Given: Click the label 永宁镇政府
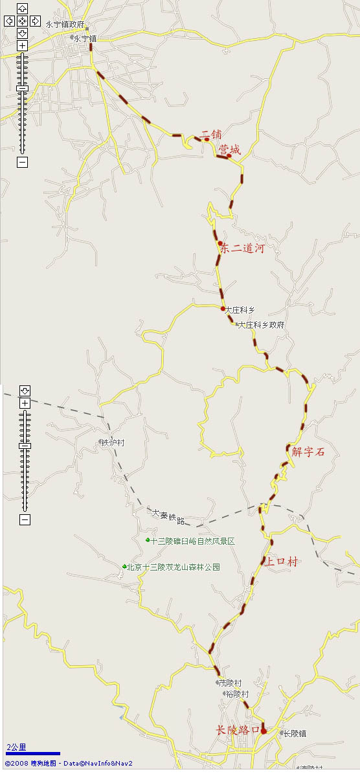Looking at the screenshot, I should pos(65,24).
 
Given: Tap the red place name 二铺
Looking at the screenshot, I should pos(212,135).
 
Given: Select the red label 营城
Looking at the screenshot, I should pos(229,150).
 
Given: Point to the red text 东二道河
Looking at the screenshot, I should pos(242,248).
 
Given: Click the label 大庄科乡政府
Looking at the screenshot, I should pos(261,324).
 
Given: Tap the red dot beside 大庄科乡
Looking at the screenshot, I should pos(223,308).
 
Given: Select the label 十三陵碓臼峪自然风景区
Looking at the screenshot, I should pos(192,541).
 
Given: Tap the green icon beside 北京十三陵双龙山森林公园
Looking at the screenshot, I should pos(124,567).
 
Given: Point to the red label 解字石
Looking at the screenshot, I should pos(308,452).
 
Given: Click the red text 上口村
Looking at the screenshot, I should pos(281,562).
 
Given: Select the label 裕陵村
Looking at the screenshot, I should pos(237,694).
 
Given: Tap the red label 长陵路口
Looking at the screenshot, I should pos(237,730).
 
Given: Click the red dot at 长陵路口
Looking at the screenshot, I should pos(263,731).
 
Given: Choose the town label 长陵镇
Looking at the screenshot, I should pos(294,734).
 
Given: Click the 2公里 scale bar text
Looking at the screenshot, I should pos(17,747).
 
